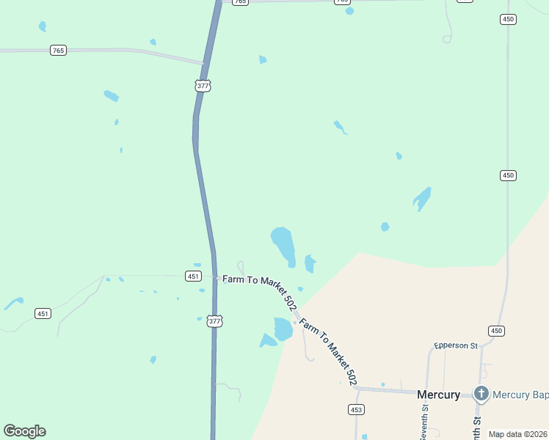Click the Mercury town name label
[x=438, y=395]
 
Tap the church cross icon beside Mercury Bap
[x=481, y=394]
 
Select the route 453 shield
[x=357, y=409]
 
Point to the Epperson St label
[x=455, y=345]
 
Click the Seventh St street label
[x=424, y=425]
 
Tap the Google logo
[x=24, y=431]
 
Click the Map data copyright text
[x=518, y=434]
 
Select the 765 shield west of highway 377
[x=59, y=51]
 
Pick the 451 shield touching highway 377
[x=192, y=276]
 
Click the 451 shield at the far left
[x=43, y=314]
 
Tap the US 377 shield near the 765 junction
[x=203, y=86]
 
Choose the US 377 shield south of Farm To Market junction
[x=214, y=321]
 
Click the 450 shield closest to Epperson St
[x=497, y=331]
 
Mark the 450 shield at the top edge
[x=508, y=19]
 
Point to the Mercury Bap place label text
[x=520, y=395]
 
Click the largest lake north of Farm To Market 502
[x=283, y=244]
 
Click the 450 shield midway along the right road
[x=508, y=175]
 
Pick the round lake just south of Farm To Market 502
[x=283, y=329]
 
